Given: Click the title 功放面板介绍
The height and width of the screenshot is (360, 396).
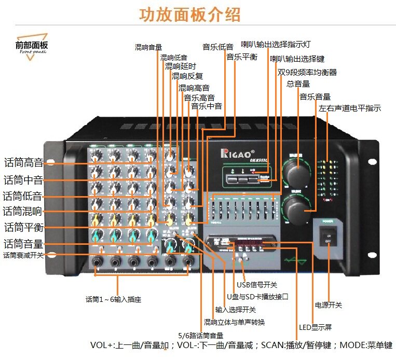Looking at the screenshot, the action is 189,15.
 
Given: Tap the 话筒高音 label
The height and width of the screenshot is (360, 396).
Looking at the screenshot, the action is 23,163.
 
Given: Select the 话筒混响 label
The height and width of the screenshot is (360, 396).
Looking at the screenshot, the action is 23,211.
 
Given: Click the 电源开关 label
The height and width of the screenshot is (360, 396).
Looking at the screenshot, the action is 329,305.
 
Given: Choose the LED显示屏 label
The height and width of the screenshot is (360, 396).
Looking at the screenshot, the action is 316,327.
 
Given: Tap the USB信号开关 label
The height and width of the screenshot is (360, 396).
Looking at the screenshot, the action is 257,284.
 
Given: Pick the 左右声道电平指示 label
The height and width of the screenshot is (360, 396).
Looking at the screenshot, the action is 350,108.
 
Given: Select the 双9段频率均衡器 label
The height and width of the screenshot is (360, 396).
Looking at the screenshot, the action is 307,72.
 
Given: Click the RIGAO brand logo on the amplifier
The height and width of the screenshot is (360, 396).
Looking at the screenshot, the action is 238,154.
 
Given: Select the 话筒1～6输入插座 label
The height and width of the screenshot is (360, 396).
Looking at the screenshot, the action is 113,299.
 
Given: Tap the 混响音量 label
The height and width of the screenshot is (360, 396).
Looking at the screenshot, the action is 148,47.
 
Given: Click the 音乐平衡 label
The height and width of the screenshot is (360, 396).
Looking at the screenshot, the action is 241,57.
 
